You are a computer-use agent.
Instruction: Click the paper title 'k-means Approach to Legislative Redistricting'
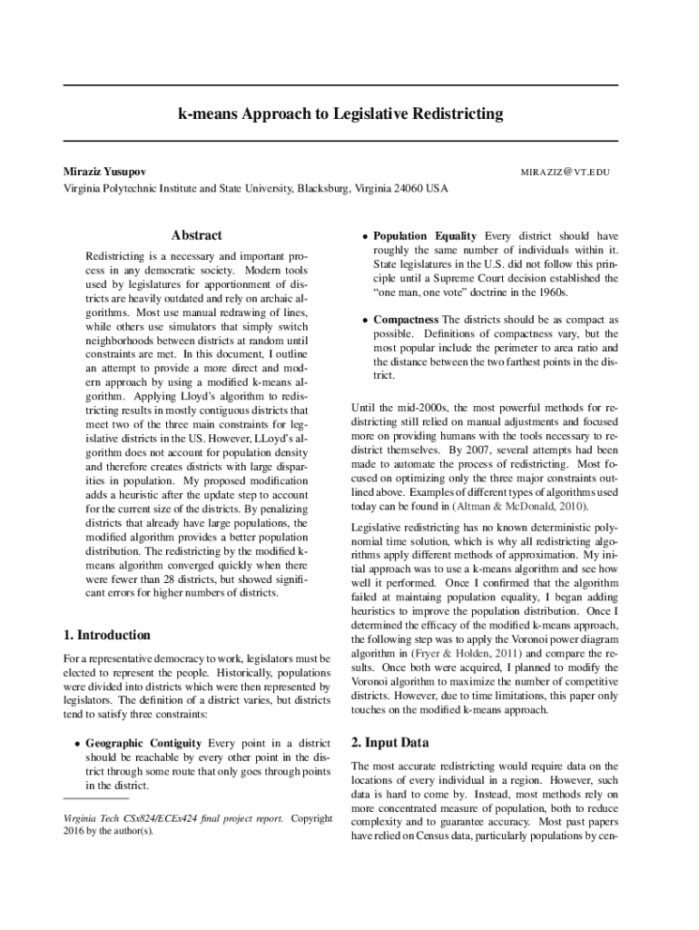click(340, 114)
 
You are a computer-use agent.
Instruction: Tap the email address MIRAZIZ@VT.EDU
click(564, 172)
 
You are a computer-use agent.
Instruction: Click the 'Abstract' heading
click(197, 235)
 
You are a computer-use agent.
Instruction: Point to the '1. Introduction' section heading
click(106, 635)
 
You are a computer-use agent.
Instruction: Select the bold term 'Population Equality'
click(427, 235)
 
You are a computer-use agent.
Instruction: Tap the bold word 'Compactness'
click(406, 320)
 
